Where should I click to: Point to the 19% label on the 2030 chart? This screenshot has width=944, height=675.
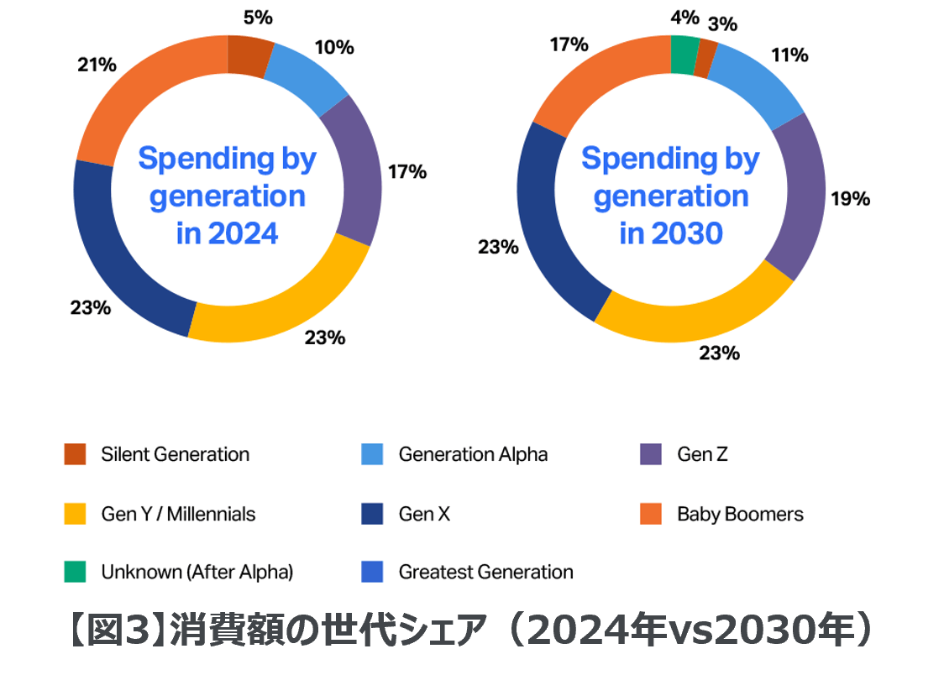(x=850, y=199)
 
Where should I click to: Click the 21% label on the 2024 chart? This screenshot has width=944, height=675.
(x=97, y=64)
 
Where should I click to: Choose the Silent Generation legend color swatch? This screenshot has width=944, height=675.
(x=75, y=454)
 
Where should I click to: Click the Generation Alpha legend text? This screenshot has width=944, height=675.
(x=473, y=454)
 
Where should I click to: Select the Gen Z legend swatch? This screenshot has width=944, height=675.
(x=652, y=454)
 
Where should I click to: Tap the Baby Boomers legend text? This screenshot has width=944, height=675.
(x=740, y=514)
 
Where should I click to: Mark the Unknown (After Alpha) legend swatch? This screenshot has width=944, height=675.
(x=75, y=573)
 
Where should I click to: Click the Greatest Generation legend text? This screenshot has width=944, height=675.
(x=485, y=573)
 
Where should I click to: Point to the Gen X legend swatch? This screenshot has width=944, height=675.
(x=372, y=514)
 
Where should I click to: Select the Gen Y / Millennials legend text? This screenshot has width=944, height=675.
(x=178, y=514)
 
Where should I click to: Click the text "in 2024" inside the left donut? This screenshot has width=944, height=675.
(x=227, y=233)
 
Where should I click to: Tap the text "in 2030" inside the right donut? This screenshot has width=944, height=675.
(x=670, y=233)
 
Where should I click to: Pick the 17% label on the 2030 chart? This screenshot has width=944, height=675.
(x=569, y=44)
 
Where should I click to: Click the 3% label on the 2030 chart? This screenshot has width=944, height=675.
(x=722, y=24)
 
